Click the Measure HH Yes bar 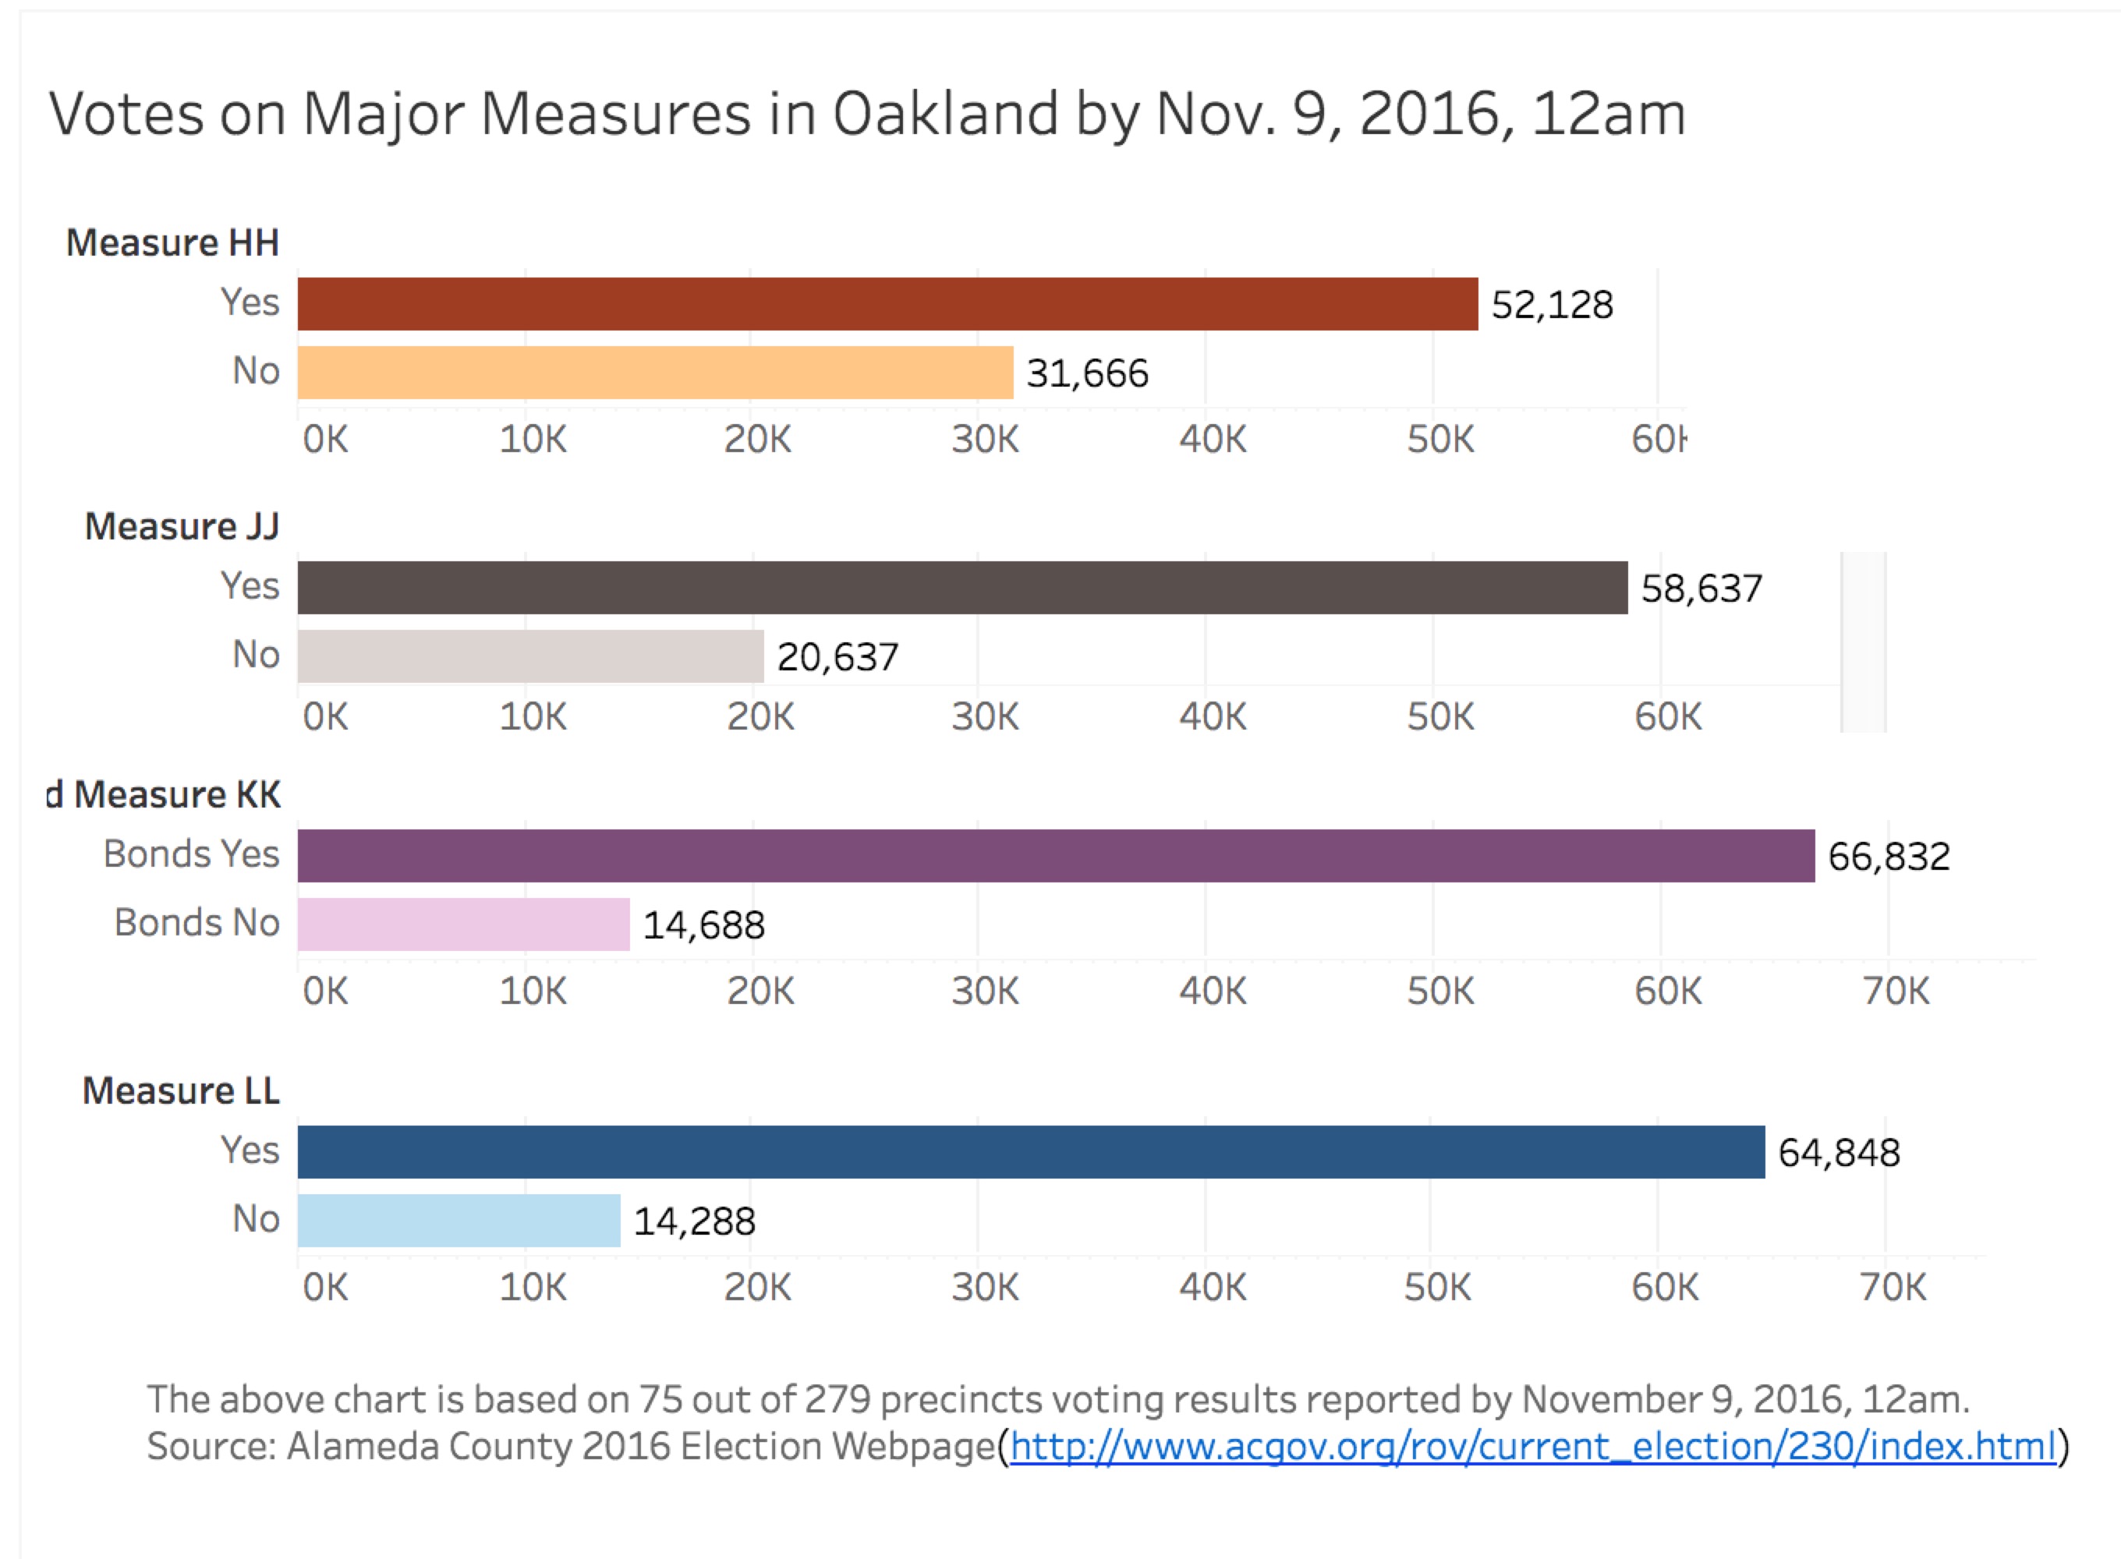(887, 304)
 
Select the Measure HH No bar (655, 373)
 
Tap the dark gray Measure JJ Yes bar (962, 588)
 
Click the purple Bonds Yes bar (1055, 856)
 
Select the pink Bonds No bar (463, 924)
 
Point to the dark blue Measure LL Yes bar (1031, 1152)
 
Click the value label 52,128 (1552, 305)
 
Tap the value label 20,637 (837, 658)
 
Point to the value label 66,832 (1889, 857)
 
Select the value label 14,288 (694, 1222)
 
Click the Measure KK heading (176, 794)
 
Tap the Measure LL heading (181, 1091)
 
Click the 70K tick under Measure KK (1896, 992)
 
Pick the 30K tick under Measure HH (985, 440)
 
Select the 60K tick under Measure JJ (1668, 717)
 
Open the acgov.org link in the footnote (1532, 1447)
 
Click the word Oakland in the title (945, 114)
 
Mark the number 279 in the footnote (837, 1399)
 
